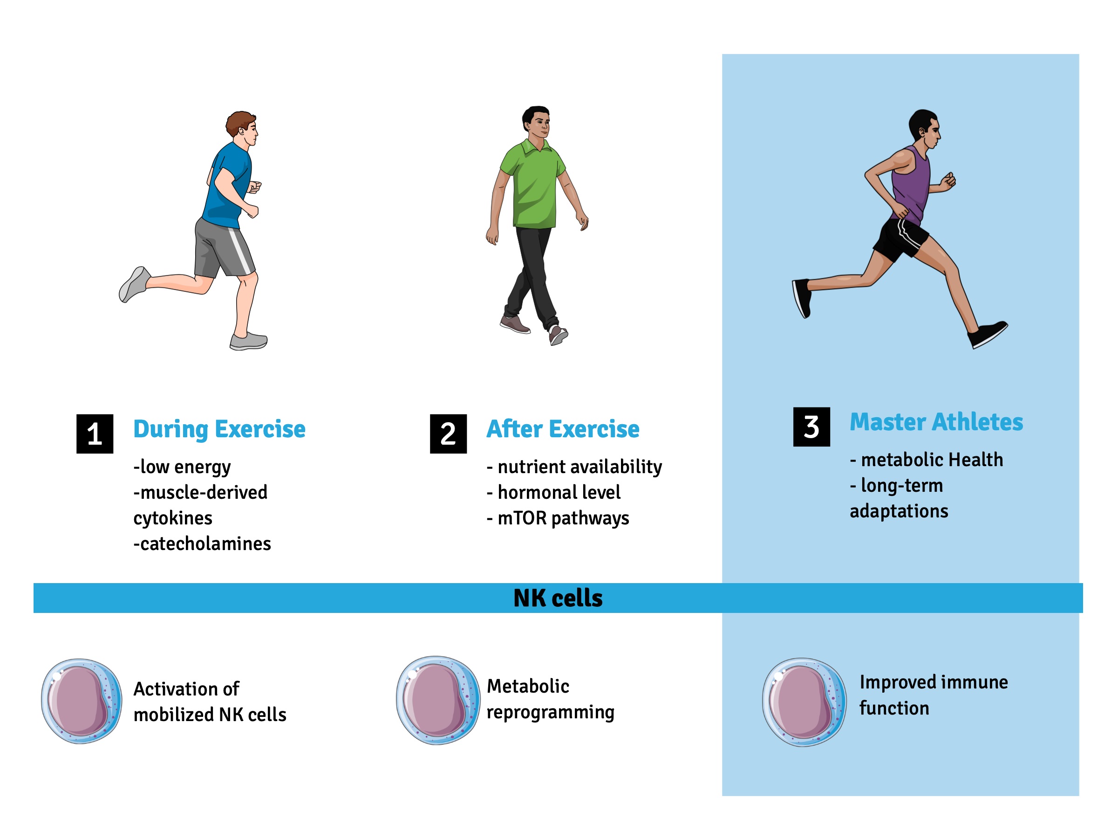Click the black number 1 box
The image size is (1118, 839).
pos(95,434)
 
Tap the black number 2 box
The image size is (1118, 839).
pos(448,434)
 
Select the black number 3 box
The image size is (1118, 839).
pos(811,427)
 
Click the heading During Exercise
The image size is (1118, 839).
pos(219,429)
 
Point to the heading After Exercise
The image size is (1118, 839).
pos(563,429)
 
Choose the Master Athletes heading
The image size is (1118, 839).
pos(936,422)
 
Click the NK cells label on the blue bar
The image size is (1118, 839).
pos(558,598)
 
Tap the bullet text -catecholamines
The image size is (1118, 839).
pos(202,543)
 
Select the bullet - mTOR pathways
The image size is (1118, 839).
pos(558,518)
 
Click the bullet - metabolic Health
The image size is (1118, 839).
pos(927,460)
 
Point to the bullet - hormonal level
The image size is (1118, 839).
pos(553,493)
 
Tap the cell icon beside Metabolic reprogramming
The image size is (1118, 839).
pos(438,701)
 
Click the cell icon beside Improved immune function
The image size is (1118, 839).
pos(804,702)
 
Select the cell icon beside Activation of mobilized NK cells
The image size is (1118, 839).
pos(82,701)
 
